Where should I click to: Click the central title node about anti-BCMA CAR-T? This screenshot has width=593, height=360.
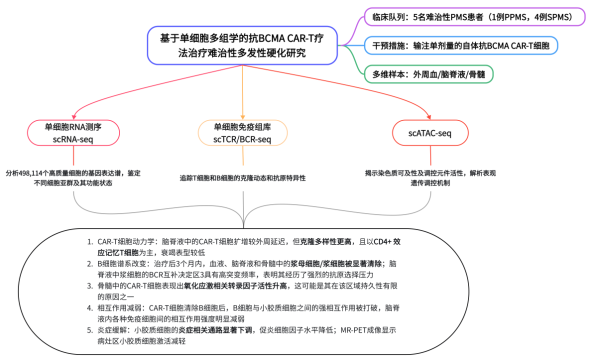pyautogui.click(x=242, y=45)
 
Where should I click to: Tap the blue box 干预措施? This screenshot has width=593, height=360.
pyautogui.click(x=460, y=45)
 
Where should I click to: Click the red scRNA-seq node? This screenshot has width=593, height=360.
pyautogui.click(x=73, y=133)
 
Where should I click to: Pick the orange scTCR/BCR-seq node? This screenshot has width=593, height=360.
pyautogui.click(x=242, y=133)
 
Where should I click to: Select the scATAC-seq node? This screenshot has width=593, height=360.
pyautogui.click(x=430, y=133)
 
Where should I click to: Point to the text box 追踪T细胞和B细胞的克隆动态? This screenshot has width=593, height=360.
pyautogui.click(x=243, y=178)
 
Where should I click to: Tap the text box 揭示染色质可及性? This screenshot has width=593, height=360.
pyautogui.click(x=430, y=178)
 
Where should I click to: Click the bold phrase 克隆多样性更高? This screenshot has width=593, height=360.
pyautogui.click(x=325, y=241)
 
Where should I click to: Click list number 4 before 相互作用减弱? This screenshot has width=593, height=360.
pyautogui.click(x=89, y=307)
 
